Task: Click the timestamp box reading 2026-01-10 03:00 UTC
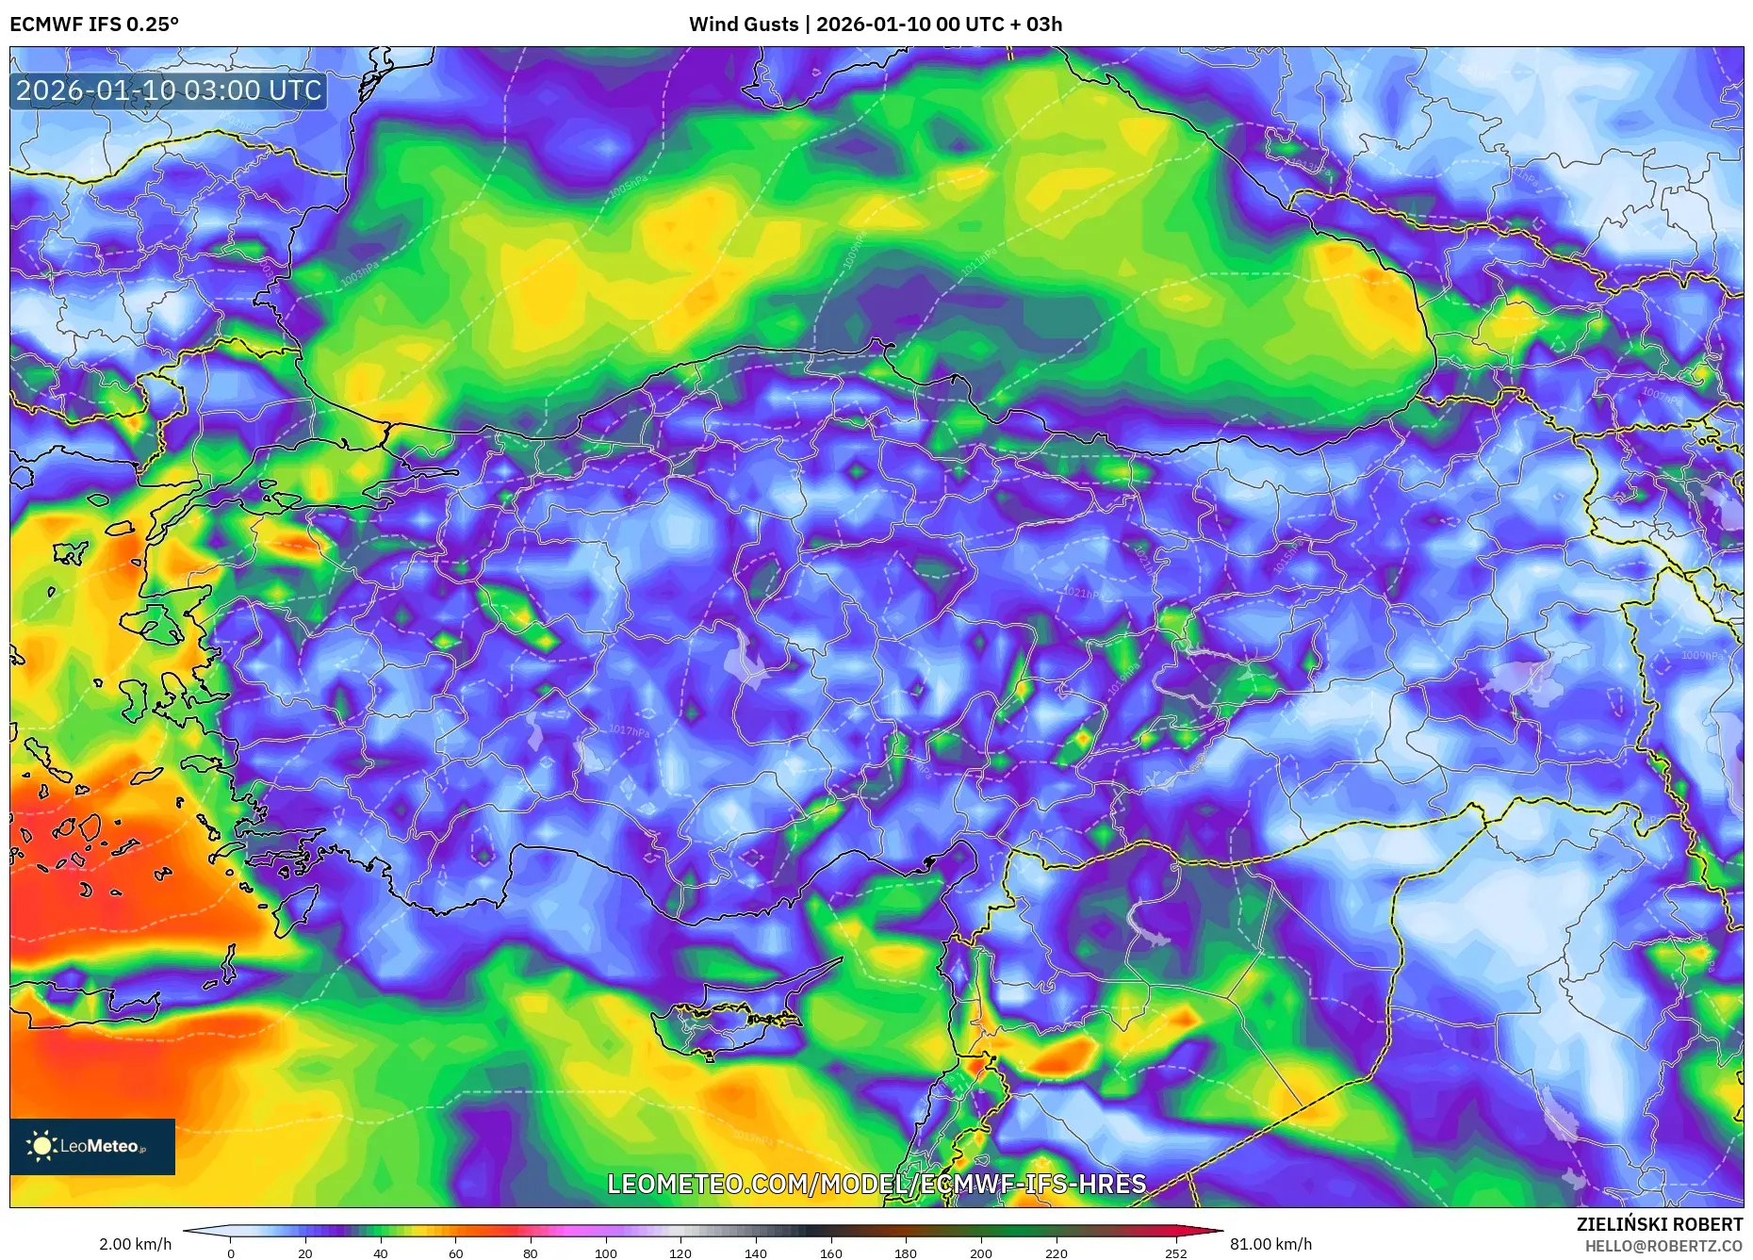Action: (169, 90)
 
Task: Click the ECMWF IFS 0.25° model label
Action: (94, 25)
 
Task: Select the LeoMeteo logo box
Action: (92, 1146)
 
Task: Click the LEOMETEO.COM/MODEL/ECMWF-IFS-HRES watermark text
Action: (876, 1184)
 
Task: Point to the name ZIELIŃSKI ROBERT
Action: (1659, 1224)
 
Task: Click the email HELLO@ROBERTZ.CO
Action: (1663, 1246)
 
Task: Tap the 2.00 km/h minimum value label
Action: (136, 1244)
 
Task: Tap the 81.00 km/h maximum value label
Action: (1270, 1244)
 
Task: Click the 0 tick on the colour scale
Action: (231, 1253)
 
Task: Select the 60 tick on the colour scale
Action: (455, 1253)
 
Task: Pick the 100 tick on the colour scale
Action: (605, 1253)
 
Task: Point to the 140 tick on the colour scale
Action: (755, 1253)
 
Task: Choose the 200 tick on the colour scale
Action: (980, 1253)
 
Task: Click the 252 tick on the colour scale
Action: (1175, 1253)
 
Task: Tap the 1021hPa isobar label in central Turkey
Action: (1084, 594)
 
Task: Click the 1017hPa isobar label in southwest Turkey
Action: (629, 731)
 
